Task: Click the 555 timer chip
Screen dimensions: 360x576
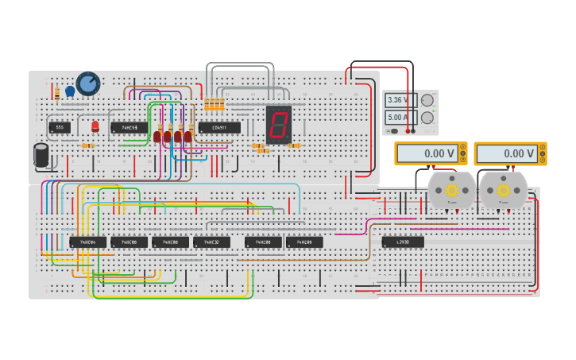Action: click(59, 127)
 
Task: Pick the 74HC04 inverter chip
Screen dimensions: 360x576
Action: click(87, 242)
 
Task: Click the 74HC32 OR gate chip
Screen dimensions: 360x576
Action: click(211, 242)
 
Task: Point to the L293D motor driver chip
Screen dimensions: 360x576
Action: click(403, 242)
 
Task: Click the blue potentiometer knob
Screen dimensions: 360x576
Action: click(88, 83)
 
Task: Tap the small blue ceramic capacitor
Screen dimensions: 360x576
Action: click(70, 91)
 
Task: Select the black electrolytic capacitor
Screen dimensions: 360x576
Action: click(41, 155)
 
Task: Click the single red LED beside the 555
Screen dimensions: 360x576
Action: click(95, 126)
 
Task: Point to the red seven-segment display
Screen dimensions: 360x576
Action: click(278, 124)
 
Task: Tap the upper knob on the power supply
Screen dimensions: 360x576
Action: click(427, 101)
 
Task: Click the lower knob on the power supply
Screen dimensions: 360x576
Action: click(427, 118)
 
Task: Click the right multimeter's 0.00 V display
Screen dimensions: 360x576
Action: click(508, 153)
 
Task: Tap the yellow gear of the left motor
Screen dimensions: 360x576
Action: click(452, 190)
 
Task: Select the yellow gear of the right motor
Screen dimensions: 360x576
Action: click(503, 190)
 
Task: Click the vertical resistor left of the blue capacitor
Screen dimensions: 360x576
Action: click(57, 94)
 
